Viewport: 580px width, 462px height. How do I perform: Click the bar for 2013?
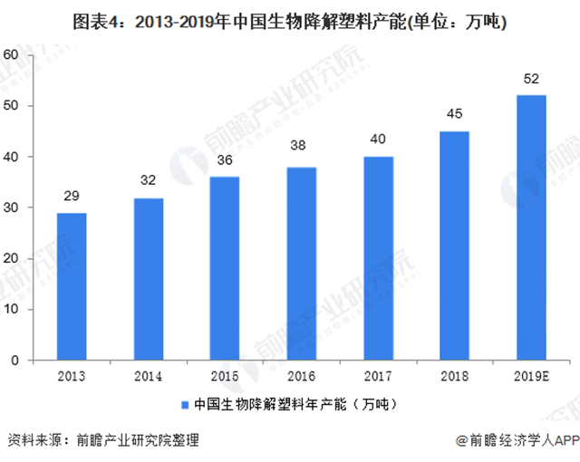coord(71,286)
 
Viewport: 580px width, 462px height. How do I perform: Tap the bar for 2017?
coord(379,258)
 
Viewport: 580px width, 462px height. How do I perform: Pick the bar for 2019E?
coord(531,227)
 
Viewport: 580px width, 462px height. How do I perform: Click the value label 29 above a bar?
coord(71,197)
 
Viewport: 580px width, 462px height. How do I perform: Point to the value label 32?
coord(148,181)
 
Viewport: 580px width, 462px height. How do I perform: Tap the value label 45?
coord(454,114)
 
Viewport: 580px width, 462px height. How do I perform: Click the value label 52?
coord(531,79)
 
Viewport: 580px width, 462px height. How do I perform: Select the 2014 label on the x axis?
coord(148,374)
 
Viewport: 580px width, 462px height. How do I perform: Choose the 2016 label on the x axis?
coord(302,374)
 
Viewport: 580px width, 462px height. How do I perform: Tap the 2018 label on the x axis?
coord(454,374)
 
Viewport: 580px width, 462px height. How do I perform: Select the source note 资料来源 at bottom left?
coord(101,441)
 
